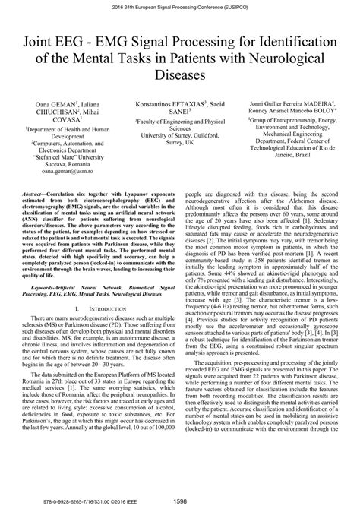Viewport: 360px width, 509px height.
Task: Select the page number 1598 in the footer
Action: (179, 501)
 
